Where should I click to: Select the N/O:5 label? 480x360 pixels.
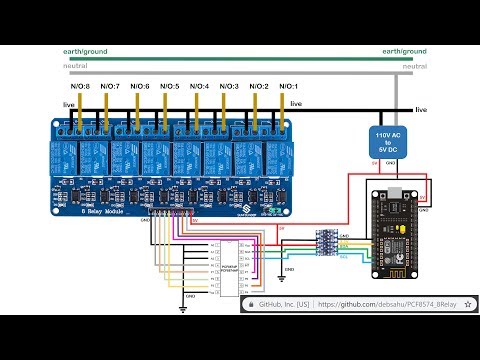pyautogui.click(x=170, y=87)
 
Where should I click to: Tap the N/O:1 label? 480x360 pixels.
pyautogui.click(x=290, y=87)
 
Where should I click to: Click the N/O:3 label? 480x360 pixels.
pyautogui.click(x=230, y=87)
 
